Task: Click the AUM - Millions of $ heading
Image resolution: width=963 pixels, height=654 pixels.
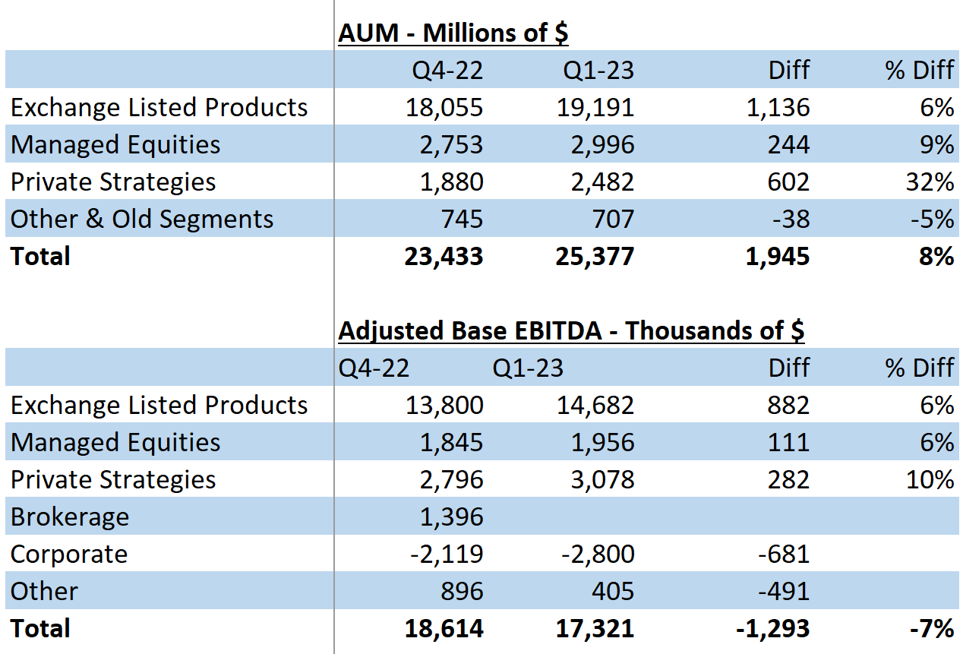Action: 453,33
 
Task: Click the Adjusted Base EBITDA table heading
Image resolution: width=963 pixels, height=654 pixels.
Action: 571,330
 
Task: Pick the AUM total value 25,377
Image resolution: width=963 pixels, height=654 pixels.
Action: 593,257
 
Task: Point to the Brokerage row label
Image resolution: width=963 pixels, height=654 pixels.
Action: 70,517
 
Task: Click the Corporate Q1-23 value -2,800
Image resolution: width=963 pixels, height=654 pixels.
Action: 598,554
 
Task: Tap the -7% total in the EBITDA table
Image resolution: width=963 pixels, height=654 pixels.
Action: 933,629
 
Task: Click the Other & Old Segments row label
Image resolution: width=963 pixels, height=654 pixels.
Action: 142,220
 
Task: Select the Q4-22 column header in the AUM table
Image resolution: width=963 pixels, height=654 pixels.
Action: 448,71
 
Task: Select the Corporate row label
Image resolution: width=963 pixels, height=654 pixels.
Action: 69,554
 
